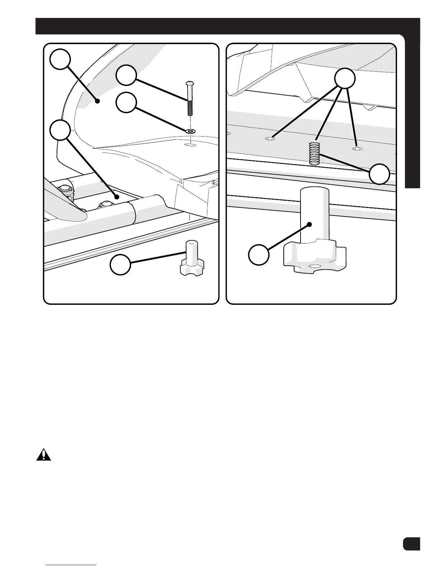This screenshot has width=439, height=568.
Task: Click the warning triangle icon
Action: pos(43,455)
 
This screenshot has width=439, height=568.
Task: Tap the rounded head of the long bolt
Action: pos(190,84)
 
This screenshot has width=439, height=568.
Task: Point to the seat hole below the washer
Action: pos(190,145)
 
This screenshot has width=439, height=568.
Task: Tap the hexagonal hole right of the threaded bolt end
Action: pos(356,148)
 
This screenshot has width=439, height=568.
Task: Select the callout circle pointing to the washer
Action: pos(126,103)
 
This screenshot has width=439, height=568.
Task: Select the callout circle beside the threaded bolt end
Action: pos(380,174)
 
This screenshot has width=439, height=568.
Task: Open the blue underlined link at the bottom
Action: pos(72,565)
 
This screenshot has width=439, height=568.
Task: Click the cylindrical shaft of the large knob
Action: pos(315,215)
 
